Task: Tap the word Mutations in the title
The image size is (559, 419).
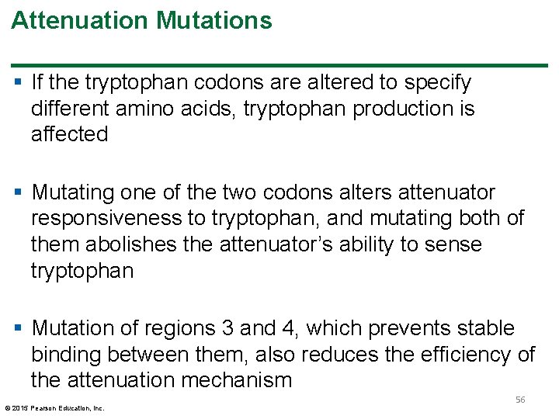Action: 214,21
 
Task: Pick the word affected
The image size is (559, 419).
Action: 69,134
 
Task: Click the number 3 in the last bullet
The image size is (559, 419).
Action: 227,328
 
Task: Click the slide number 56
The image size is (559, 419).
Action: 520,399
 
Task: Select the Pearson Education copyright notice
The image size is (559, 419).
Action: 54,407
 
